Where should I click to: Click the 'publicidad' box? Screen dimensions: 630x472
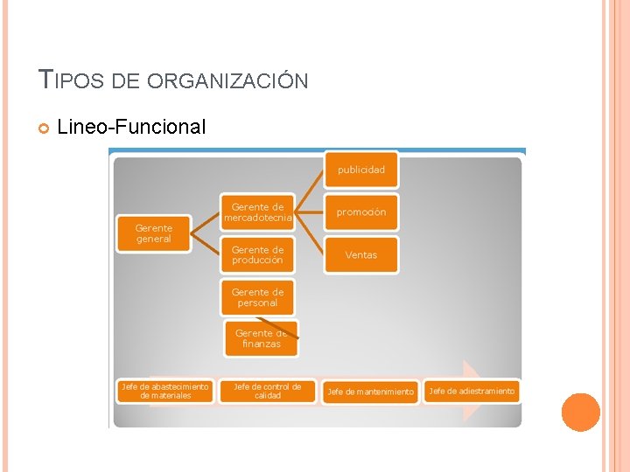coord(360,170)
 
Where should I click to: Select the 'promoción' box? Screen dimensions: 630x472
coord(360,212)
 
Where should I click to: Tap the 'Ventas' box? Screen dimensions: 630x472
coord(360,255)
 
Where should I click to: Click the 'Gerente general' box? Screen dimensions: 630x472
coord(154,233)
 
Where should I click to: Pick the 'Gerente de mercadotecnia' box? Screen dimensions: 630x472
coord(257,212)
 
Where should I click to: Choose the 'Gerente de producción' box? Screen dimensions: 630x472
coord(257,255)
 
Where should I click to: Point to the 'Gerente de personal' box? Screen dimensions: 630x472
coord(257,297)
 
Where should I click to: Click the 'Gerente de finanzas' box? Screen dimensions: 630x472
coord(261,339)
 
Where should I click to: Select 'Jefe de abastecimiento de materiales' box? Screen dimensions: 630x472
coord(165,391)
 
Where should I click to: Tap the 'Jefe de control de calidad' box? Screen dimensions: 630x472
coord(267,391)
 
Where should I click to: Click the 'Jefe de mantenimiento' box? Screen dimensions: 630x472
coord(369,392)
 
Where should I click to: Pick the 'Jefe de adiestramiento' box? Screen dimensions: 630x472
coord(471,391)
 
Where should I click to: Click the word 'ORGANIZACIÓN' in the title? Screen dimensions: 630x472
coord(227,81)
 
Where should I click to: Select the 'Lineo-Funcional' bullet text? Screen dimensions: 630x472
coord(131,128)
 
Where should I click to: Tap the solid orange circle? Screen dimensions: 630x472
coord(580,413)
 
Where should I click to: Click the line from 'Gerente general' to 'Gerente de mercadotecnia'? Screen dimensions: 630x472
coord(205,222)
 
